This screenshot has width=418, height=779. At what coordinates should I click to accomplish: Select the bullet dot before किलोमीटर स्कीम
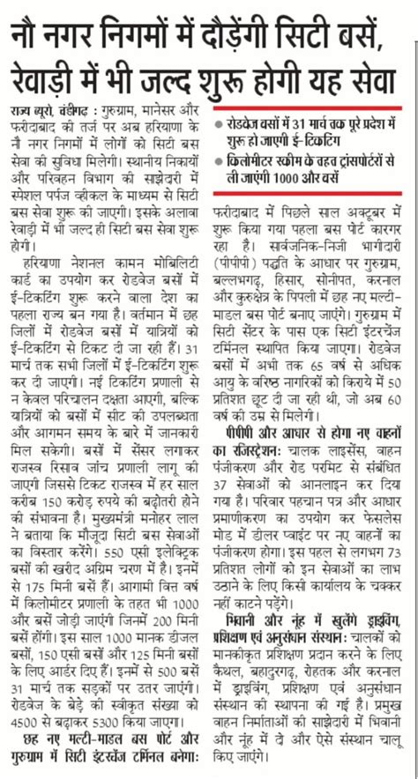point(220,160)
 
